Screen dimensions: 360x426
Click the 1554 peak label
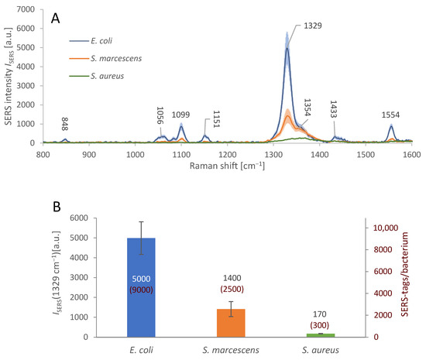coord(391,115)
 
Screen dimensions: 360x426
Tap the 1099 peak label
coord(182,113)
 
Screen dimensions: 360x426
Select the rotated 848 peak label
coord(66,125)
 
